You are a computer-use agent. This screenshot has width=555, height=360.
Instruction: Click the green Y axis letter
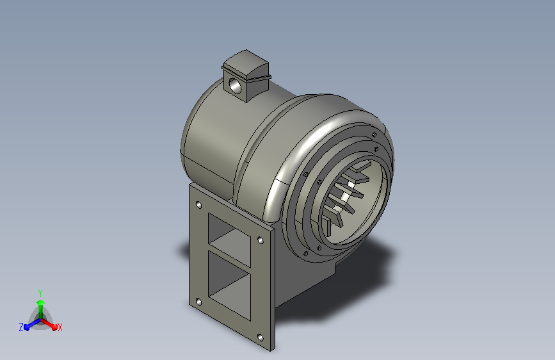40,293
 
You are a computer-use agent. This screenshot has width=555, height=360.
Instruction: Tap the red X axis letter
60,327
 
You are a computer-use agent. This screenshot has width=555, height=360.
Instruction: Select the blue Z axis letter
21,327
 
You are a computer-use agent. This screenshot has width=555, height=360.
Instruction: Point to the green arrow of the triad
41,309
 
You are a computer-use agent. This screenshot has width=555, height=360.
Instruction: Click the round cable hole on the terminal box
234,85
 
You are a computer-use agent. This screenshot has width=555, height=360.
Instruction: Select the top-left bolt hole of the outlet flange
198,205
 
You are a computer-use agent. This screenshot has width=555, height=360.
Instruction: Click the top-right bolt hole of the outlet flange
260,241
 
